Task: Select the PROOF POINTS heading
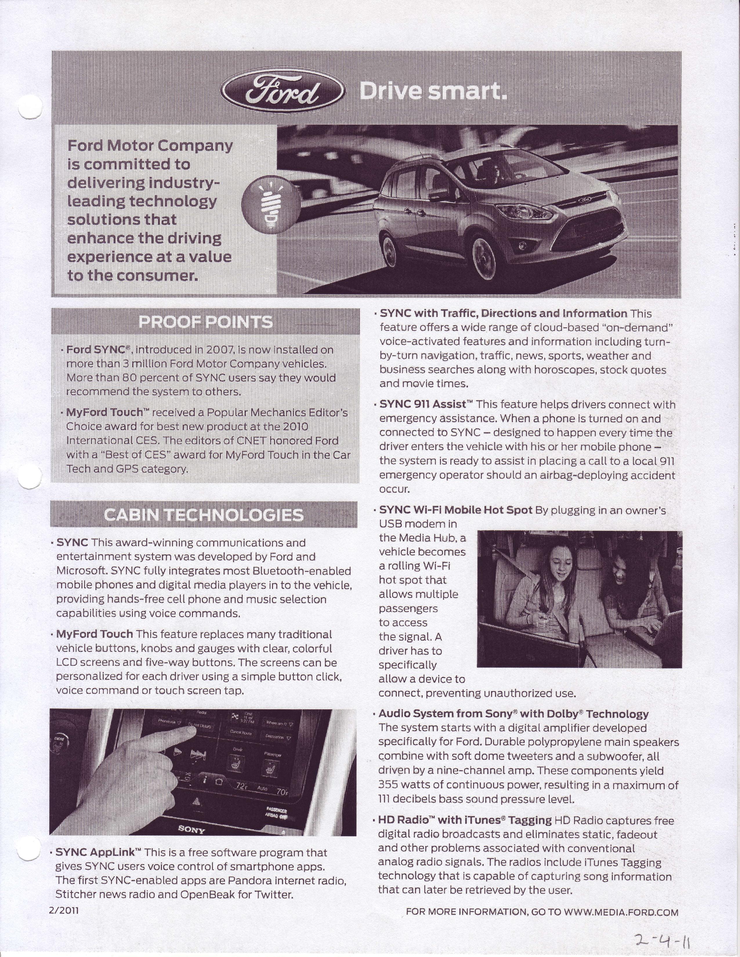coord(205,322)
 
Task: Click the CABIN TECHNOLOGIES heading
coord(204,515)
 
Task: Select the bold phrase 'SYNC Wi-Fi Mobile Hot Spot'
coord(455,510)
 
